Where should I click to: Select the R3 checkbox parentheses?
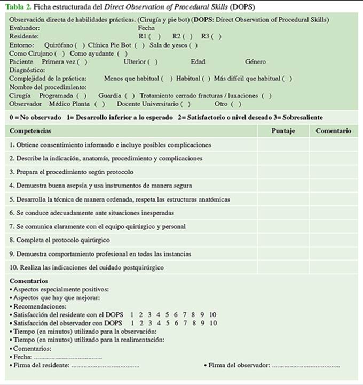click(x=216, y=36)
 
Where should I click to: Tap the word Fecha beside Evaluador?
click(x=146, y=28)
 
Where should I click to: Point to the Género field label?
click(x=255, y=62)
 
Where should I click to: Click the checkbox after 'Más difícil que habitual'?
click(x=287, y=79)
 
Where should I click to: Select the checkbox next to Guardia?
click(x=130, y=95)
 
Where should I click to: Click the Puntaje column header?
click(x=283, y=130)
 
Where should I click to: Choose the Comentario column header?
click(x=333, y=130)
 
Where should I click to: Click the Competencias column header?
click(x=30, y=130)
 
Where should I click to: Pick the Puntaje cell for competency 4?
click(x=283, y=186)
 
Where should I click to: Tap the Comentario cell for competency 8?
click(x=333, y=240)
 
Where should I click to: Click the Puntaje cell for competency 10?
click(x=283, y=267)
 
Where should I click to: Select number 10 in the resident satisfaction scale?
click(x=212, y=315)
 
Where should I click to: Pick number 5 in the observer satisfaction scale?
click(x=167, y=323)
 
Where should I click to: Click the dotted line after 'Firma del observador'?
click(x=305, y=366)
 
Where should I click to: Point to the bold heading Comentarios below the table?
click(x=29, y=281)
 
